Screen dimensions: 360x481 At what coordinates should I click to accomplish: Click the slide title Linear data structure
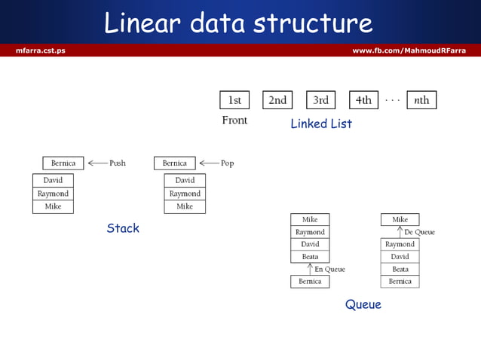pos(238,23)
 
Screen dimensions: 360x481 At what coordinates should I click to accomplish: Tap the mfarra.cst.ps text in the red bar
pos(40,50)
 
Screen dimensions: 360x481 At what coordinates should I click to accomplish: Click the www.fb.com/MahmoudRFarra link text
pos(409,50)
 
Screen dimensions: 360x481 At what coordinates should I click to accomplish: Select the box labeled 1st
pos(234,100)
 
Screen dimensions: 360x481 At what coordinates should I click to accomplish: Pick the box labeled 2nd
pos(277,100)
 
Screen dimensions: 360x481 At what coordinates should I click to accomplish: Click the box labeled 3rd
pos(320,100)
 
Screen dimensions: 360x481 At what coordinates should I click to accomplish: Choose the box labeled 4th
pos(363,100)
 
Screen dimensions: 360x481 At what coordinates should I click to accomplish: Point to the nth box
pos(421,100)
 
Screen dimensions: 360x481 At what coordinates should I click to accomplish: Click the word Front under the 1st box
pos(234,121)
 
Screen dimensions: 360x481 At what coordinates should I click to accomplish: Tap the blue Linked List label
pos(321,124)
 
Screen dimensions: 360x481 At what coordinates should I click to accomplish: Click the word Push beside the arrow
pos(118,163)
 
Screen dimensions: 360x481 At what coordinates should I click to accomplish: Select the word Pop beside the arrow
pos(227,163)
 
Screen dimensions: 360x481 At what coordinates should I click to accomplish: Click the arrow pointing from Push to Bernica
pos(97,163)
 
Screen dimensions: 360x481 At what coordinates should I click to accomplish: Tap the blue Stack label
pos(123,228)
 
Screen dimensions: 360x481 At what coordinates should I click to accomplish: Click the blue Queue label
pos(363,305)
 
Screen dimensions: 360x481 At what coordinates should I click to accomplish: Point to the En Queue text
pos(329,269)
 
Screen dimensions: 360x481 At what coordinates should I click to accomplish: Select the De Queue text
pos(419,232)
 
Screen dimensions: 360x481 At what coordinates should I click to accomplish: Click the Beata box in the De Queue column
pos(400,269)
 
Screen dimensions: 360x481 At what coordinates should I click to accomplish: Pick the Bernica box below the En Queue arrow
pos(310,282)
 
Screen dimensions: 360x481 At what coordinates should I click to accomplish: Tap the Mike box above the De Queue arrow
pos(400,220)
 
